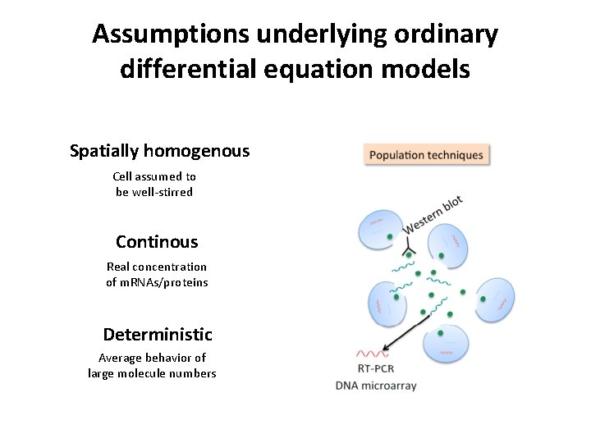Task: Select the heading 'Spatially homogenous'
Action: tap(160, 151)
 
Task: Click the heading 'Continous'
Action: tap(157, 242)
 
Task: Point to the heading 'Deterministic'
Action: tap(158, 335)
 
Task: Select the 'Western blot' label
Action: tap(433, 214)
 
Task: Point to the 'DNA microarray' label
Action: tap(376, 386)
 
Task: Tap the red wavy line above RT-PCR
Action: tap(372, 354)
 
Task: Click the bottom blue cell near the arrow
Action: tap(443, 344)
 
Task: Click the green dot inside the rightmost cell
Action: tap(483, 300)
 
